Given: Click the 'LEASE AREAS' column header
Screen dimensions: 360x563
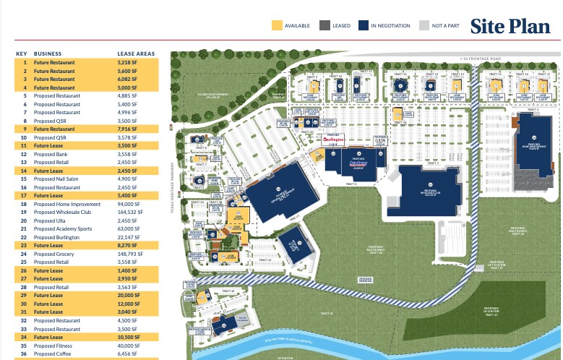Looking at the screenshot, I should pyautogui.click(x=136, y=53).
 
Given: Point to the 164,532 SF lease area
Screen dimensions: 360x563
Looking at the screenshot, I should pyautogui.click(x=131, y=212).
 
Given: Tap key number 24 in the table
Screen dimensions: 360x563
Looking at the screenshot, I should pyautogui.click(x=24, y=254).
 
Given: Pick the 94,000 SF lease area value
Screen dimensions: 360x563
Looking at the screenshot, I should pyautogui.click(x=129, y=204).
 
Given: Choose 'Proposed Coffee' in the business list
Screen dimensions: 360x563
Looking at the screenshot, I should pyautogui.click(x=52, y=353).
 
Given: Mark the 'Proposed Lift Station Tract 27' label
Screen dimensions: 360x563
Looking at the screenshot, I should pyautogui.click(x=496, y=265).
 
